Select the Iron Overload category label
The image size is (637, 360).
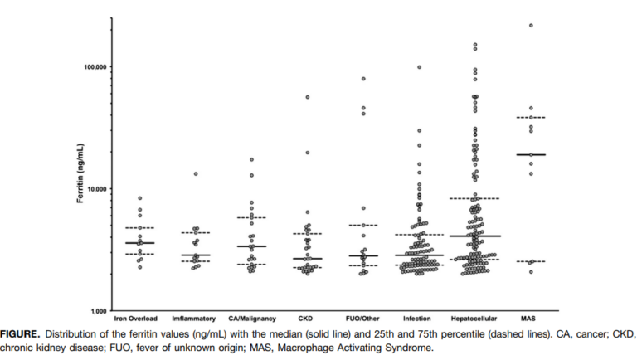pos(136,318)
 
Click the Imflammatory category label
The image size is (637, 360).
pos(193,318)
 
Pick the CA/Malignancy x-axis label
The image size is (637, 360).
pos(250,318)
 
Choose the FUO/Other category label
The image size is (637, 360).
pos(363,318)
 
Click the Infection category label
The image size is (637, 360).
pos(417,318)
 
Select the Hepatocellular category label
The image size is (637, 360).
pos(474,318)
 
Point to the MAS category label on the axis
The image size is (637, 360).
pos(528,318)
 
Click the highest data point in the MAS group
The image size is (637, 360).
pos(531,26)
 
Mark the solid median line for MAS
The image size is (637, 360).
pos(531,154)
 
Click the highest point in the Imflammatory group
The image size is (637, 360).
pos(197,174)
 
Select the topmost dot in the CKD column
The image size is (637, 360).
pos(308,97)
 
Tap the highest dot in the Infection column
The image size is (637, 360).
pos(419,67)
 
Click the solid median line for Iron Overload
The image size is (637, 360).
pos(140,243)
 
